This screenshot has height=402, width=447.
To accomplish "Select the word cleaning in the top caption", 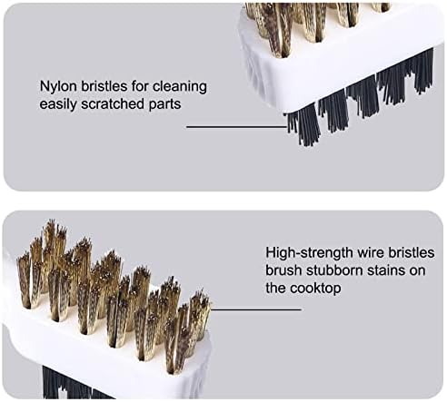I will (x=182, y=88).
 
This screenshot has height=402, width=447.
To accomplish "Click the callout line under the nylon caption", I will (x=236, y=126).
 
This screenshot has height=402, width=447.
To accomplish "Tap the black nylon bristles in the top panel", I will (x=363, y=100).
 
